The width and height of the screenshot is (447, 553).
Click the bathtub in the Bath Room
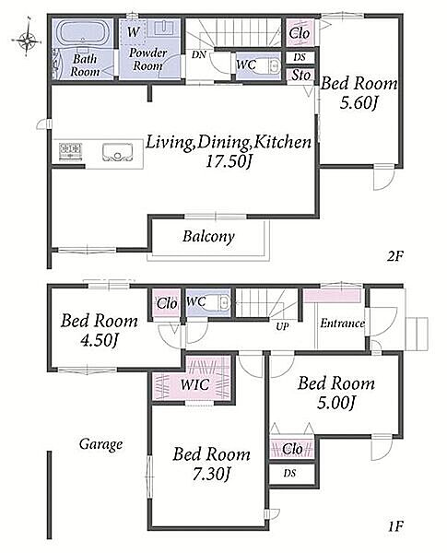point(83,33)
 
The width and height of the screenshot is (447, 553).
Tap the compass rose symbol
point(27,40)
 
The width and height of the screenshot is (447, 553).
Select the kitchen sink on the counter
point(117,152)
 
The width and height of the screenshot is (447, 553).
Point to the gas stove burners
point(71,152)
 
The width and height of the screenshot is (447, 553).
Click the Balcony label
point(208,236)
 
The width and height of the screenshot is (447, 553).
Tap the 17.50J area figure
point(229,161)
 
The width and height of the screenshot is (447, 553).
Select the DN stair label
point(199,54)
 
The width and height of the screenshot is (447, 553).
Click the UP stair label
point(282,326)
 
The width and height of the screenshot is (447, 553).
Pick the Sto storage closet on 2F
point(300,76)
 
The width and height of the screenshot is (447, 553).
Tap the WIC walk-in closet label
point(194,384)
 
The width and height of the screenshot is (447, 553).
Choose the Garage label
point(100,444)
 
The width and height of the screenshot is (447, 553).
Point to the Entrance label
point(342,324)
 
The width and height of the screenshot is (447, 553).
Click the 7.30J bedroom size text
point(211,474)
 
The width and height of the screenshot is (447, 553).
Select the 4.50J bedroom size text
point(99,340)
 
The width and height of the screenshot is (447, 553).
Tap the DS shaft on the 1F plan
point(291,474)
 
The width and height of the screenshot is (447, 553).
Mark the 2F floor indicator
point(394,256)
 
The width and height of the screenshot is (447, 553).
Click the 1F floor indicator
point(395,527)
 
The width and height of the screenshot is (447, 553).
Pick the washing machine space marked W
point(133,31)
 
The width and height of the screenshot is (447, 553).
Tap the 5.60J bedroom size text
point(359,103)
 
